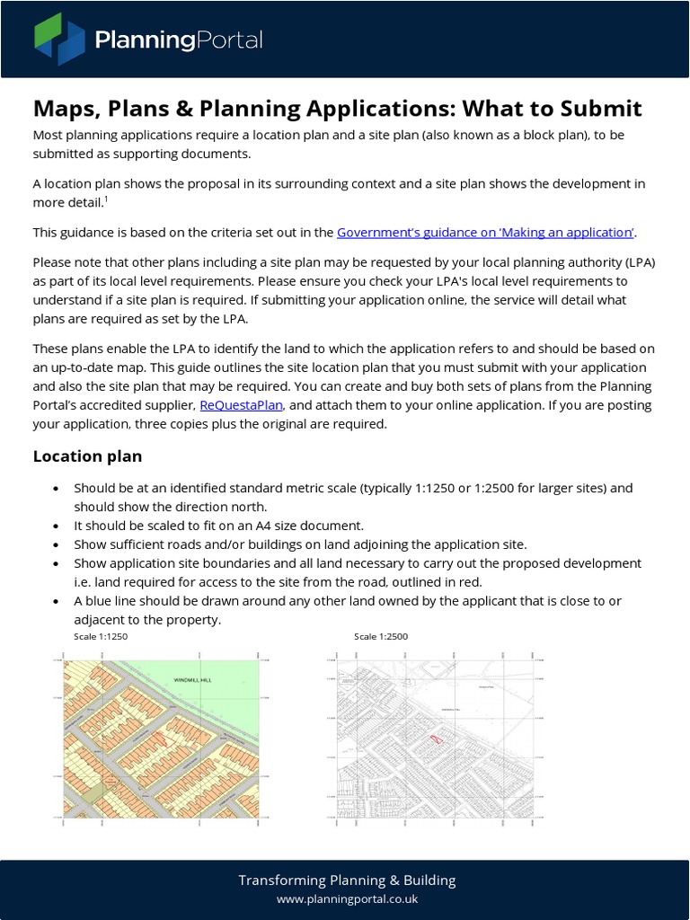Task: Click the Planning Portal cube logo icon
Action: tap(59, 40)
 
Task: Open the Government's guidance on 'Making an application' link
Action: tap(485, 233)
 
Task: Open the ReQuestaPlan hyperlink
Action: tap(242, 405)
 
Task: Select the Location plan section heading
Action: tap(87, 456)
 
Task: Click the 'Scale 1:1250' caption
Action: tap(101, 637)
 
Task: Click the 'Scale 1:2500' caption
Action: tap(381, 637)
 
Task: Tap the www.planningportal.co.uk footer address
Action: tap(346, 899)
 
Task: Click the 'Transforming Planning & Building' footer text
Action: tap(346, 880)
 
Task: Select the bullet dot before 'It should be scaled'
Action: tap(57, 526)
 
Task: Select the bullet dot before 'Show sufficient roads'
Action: tap(57, 544)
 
